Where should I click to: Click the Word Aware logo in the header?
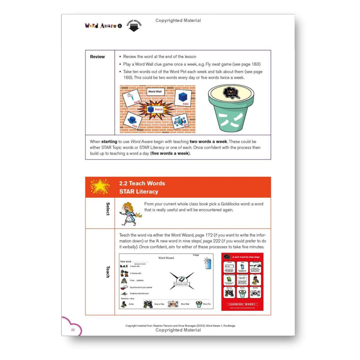[101, 26]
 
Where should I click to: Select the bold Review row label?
[97, 57]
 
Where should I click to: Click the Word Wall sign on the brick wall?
[155, 92]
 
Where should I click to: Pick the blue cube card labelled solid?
[182, 97]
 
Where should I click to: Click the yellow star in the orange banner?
[100, 187]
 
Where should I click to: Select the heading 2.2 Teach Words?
[142, 183]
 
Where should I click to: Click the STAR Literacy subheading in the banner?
[139, 192]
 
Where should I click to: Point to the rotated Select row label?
[108, 209]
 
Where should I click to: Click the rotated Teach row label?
[108, 272]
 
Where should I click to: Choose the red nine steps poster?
[242, 282]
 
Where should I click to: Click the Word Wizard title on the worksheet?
[166, 258]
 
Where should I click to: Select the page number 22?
[73, 330]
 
